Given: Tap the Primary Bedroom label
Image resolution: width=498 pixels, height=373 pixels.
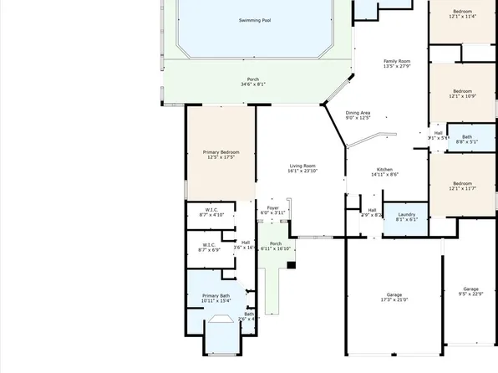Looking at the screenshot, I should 221,151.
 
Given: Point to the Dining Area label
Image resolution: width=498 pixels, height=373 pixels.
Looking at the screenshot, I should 358,113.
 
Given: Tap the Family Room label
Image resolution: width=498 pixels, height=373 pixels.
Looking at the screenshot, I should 397,61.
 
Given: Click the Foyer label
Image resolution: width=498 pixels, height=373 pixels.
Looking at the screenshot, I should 273,207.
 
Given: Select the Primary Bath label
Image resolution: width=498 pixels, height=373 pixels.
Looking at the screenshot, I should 216,295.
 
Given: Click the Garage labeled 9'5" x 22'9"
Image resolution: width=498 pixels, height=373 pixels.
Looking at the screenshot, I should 471,289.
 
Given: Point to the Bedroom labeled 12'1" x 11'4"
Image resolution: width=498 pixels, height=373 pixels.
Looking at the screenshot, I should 462,12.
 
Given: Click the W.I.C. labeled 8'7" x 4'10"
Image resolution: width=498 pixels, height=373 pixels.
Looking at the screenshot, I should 211,209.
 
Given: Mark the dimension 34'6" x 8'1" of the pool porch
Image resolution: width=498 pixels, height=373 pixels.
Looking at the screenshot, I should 252,84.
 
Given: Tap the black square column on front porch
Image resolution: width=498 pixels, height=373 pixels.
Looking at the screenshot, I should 291,265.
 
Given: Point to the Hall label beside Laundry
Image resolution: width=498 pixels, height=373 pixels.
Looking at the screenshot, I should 372,210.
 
